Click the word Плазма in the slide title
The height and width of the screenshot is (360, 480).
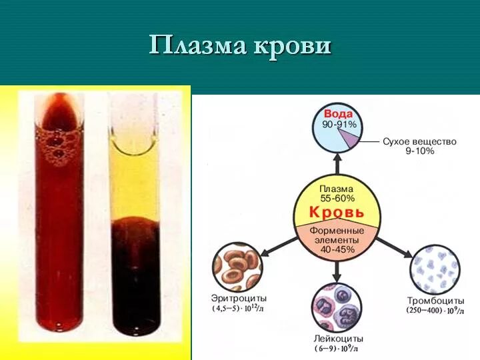[197, 45]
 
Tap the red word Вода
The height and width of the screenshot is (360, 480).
[338, 113]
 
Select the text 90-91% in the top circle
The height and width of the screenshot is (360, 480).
[338, 125]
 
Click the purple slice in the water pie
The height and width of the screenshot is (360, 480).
[347, 137]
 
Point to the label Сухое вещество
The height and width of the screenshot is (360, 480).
[420, 141]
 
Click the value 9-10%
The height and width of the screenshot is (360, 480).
[420, 151]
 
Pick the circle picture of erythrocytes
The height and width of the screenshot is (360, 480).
[237, 267]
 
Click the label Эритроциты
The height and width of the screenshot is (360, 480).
[238, 299]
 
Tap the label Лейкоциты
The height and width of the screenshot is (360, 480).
[337, 339]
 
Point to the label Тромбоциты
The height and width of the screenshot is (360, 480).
[436, 301]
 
